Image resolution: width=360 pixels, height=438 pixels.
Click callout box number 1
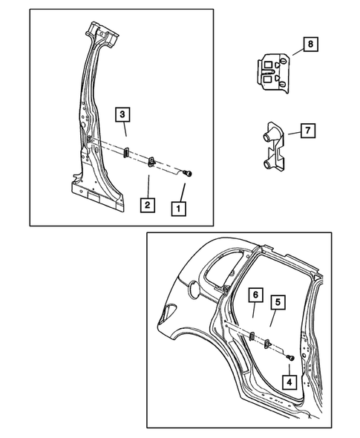[179, 209]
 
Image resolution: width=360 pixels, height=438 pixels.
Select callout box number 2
[148, 205]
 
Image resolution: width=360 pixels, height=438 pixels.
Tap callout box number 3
[122, 114]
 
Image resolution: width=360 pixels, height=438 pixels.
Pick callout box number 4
[289, 382]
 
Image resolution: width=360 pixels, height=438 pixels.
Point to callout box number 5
[278, 302]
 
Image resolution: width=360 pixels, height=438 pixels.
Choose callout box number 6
[256, 295]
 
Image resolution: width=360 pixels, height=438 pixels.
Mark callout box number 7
[308, 131]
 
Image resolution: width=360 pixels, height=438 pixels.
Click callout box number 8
[310, 44]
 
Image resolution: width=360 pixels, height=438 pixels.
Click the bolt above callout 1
[188, 174]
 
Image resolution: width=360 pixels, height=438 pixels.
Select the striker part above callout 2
[151, 161]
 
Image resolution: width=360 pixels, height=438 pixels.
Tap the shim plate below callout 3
[126, 151]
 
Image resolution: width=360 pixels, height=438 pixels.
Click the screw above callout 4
[290, 358]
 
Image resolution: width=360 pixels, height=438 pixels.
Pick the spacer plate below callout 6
[252, 336]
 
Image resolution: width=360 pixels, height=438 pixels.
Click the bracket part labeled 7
[274, 146]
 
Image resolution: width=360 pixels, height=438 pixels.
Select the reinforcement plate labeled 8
[273, 73]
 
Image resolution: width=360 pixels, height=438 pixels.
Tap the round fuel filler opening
[194, 290]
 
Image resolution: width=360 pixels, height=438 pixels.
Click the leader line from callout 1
[183, 192]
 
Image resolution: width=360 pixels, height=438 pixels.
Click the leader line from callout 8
[298, 52]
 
